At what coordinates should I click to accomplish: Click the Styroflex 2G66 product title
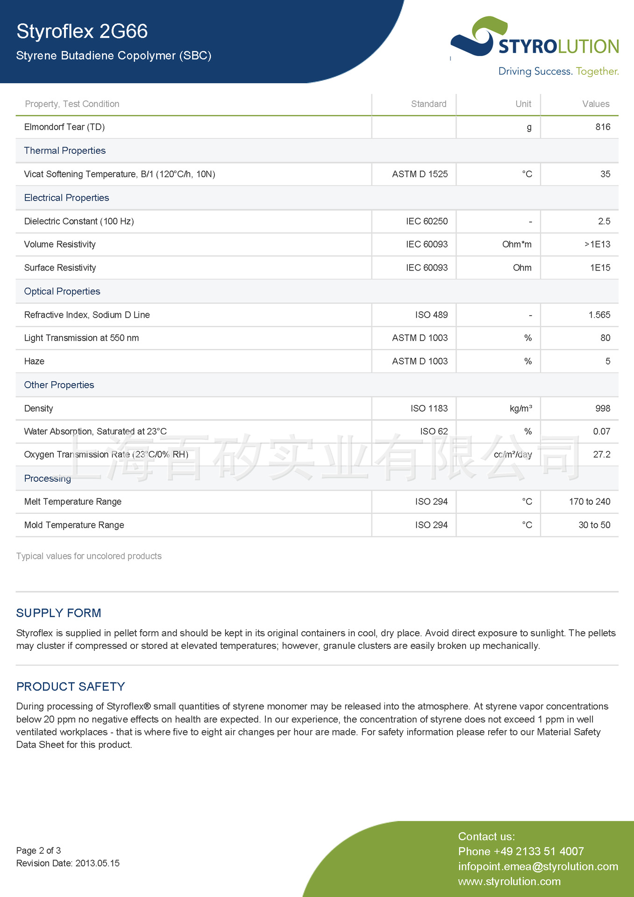(82, 31)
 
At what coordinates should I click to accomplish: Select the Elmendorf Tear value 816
(603, 127)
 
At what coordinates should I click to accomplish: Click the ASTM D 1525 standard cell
(420, 174)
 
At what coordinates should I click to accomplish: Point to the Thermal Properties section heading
(65, 150)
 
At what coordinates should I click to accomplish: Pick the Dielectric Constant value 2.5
(604, 221)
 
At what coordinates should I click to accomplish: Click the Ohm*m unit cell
(517, 244)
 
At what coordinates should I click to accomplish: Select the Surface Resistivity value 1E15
(600, 268)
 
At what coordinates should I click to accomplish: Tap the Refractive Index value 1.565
(599, 315)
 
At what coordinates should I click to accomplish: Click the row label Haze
(34, 361)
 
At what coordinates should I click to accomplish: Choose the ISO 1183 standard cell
(429, 408)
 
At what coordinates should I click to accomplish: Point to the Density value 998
(603, 408)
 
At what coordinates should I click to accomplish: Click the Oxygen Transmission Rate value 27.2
(601, 455)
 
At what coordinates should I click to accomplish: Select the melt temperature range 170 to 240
(589, 502)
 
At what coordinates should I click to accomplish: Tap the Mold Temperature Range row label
(74, 525)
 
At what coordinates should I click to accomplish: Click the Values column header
(596, 104)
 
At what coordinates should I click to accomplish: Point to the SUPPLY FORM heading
(59, 613)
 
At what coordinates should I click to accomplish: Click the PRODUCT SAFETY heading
(71, 686)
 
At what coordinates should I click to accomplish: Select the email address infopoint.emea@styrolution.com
(538, 867)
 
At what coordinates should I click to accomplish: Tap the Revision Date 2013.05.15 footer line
(68, 863)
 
